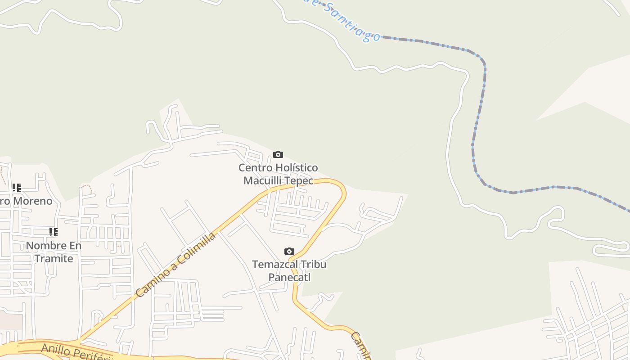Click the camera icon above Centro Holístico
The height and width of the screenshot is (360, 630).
[x=278, y=155]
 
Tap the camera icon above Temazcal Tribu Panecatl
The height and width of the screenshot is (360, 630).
[x=289, y=251]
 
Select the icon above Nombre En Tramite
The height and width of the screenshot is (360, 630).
[x=54, y=232]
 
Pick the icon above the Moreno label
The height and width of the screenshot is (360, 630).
[x=17, y=187]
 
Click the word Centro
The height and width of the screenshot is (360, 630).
[x=255, y=168]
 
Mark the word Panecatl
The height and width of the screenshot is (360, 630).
[x=289, y=277]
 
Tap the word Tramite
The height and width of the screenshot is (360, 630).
[x=54, y=259]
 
